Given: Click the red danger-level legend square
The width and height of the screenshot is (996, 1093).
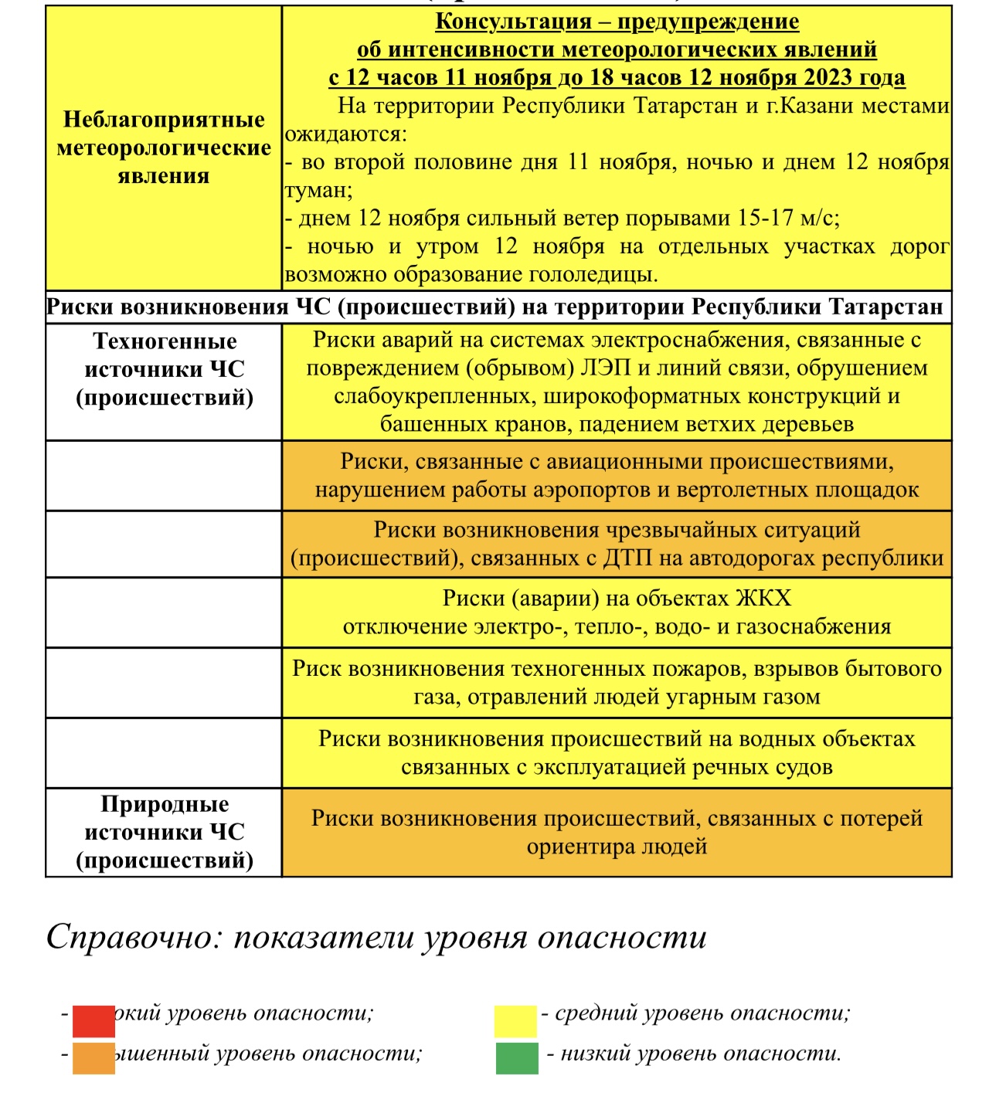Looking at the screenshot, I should (93, 1020).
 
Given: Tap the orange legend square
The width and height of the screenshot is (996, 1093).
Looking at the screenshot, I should (93, 1058).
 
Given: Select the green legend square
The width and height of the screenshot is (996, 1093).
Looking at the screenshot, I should (517, 1058).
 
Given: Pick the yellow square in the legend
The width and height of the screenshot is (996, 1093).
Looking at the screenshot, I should (515, 1020).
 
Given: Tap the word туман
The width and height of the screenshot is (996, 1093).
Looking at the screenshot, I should (316, 190).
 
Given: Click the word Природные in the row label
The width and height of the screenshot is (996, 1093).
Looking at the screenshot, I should (165, 805).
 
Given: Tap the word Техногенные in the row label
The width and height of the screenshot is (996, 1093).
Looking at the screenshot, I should (165, 341).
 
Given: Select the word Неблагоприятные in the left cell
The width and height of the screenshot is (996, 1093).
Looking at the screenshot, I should (164, 120).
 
